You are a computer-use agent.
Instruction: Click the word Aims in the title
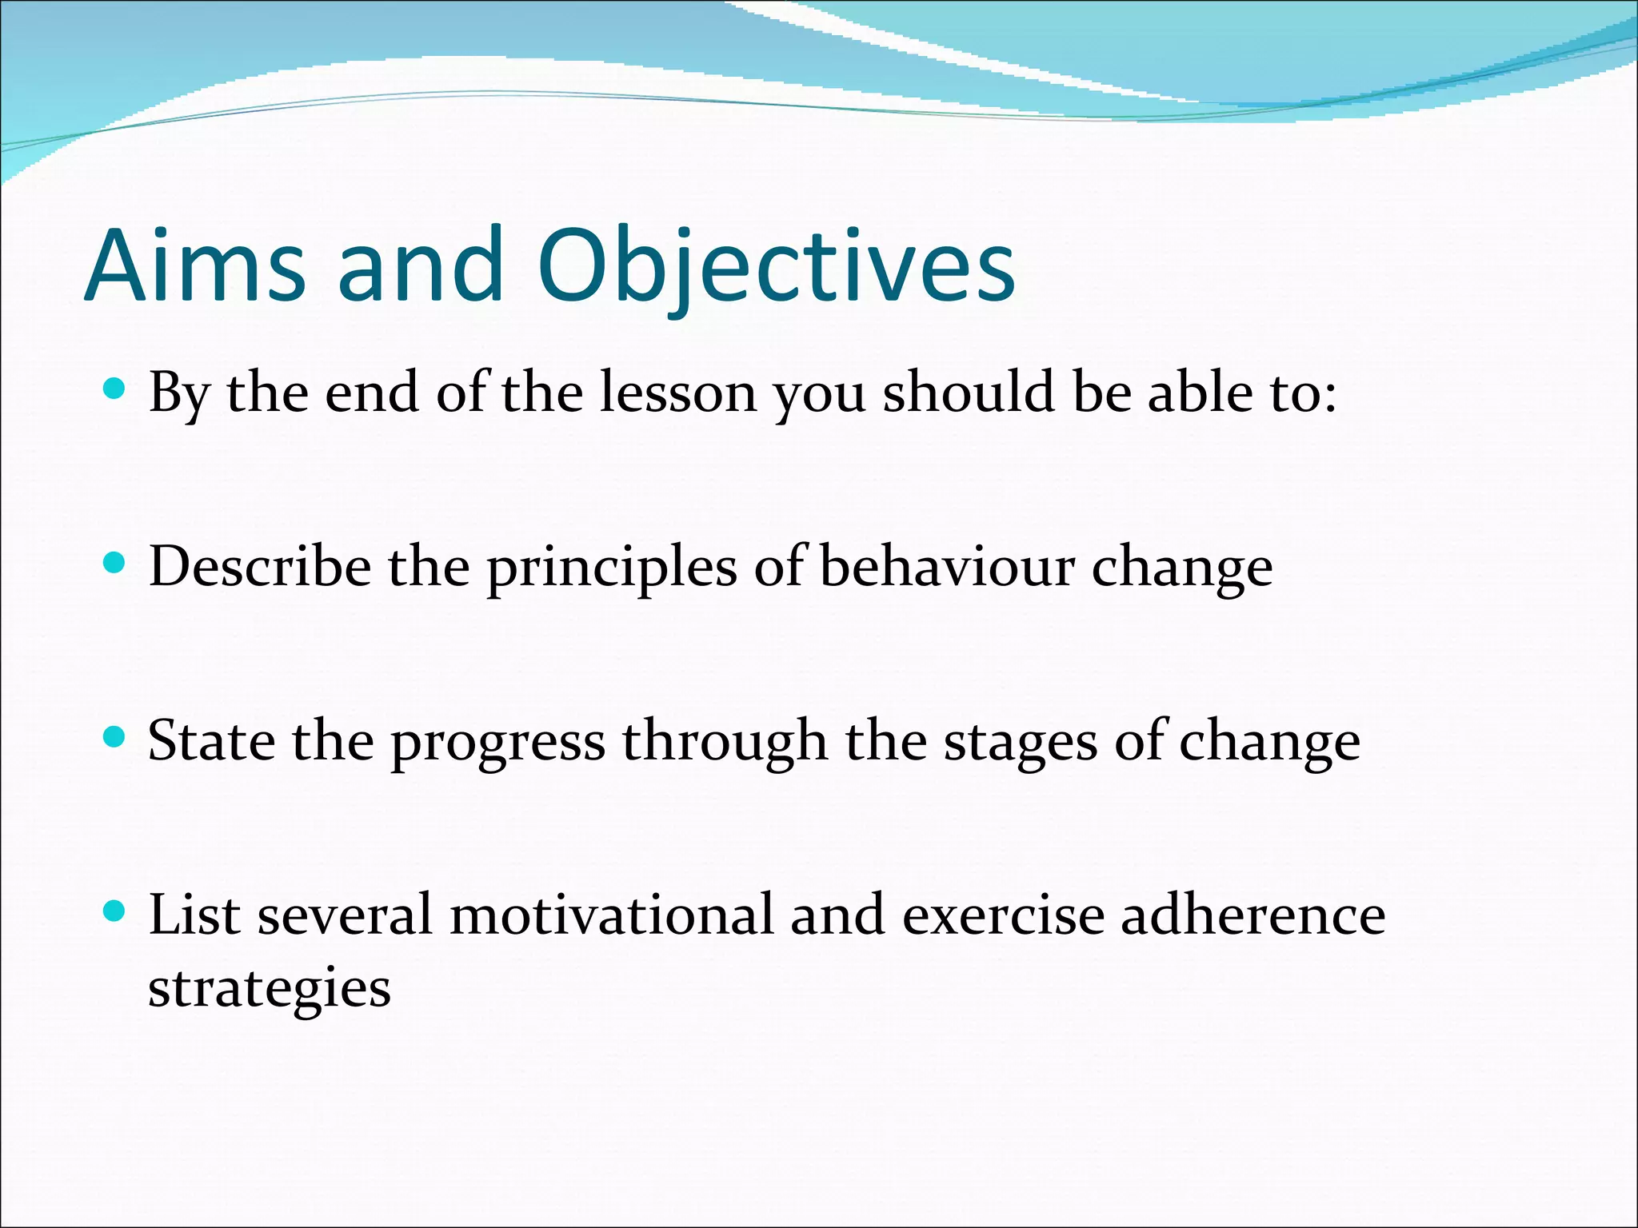(x=195, y=266)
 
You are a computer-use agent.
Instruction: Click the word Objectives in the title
(x=776, y=266)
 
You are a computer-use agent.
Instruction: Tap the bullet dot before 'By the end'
(x=115, y=389)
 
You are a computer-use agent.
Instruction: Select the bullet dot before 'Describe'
(x=115, y=564)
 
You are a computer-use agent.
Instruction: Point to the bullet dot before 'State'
(x=115, y=737)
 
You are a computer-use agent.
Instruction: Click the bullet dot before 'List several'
(x=115, y=911)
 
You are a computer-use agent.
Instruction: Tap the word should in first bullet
(x=969, y=393)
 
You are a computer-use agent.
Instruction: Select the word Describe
(x=260, y=567)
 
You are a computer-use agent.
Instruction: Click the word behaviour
(x=947, y=567)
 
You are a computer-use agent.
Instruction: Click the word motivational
(x=612, y=915)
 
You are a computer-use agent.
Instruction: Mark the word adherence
(x=1252, y=915)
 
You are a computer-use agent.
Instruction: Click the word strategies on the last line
(x=270, y=990)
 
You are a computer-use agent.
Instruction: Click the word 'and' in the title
(x=421, y=266)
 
